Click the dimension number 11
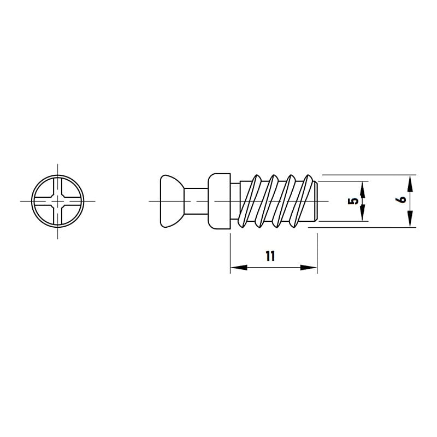point(270,256)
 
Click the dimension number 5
point(353,201)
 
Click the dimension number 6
point(402,199)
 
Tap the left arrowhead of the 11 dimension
point(239,268)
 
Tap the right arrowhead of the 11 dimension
point(309,268)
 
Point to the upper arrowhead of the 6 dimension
point(410,184)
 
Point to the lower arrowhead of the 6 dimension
point(410,219)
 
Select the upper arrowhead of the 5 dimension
point(362,189)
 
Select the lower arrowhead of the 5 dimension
point(362,213)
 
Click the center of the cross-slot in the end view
point(58,201)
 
